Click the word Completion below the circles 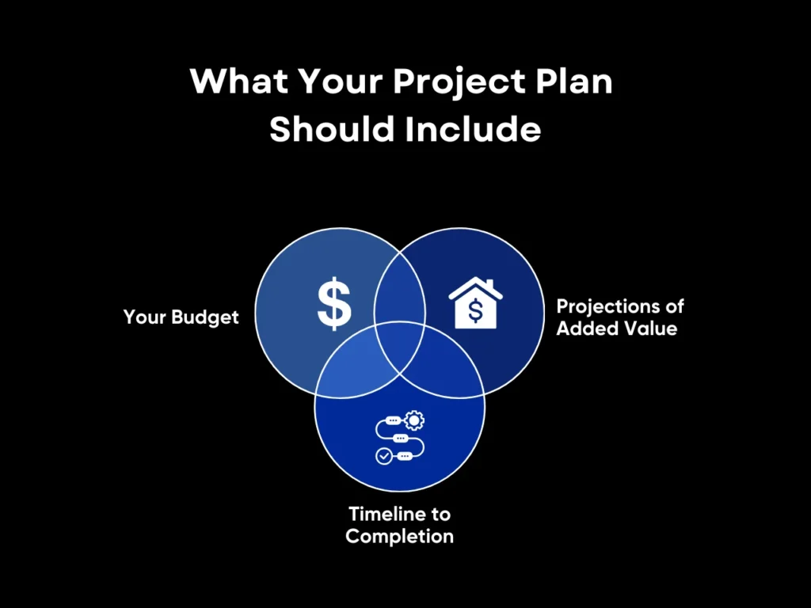pyautogui.click(x=400, y=536)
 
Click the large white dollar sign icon pyautogui.click(x=334, y=303)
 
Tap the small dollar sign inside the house pyautogui.click(x=475, y=311)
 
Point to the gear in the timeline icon pyautogui.click(x=413, y=420)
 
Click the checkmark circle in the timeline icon pyautogui.click(x=383, y=457)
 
